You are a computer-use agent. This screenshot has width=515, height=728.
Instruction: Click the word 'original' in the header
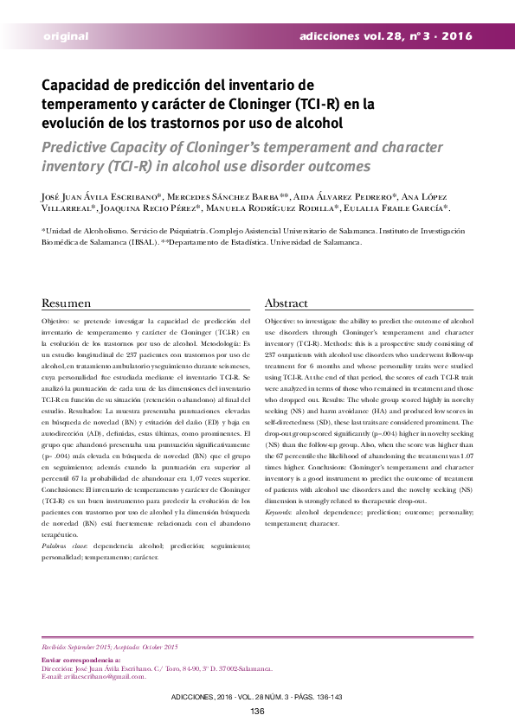66,36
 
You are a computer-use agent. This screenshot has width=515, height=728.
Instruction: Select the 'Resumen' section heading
67,303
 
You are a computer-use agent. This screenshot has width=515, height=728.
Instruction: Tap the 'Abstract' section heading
286,303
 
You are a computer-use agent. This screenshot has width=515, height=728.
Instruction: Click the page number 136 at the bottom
257,712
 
